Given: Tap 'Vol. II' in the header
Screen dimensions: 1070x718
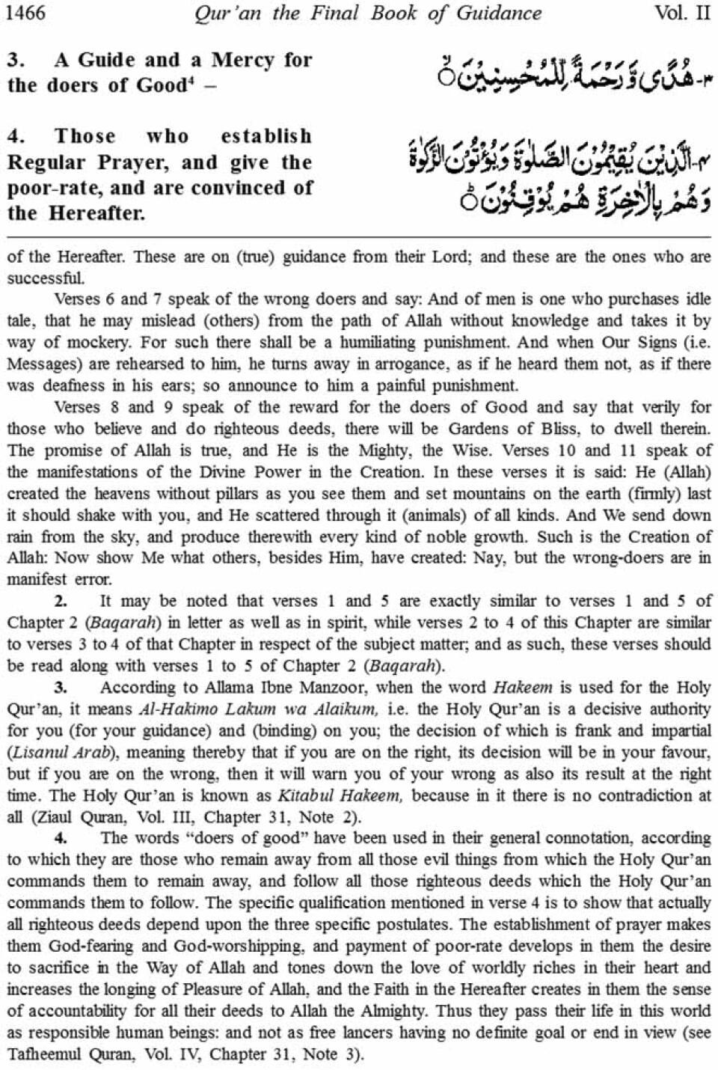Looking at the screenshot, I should coord(681,13).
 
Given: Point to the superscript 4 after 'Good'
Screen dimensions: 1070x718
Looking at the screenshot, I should coord(189,79).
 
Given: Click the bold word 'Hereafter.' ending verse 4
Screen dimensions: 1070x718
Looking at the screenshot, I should coord(97,213).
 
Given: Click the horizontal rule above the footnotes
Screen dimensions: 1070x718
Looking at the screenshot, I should coord(359,236).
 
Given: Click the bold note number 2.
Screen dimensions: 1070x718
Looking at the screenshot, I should coord(61,601).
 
